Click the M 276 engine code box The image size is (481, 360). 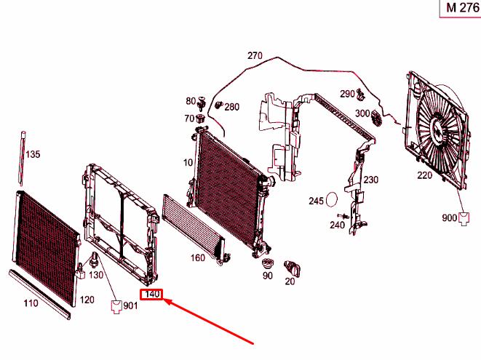click(459, 9)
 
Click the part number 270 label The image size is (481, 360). click(254, 56)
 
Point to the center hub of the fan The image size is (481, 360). click(439, 131)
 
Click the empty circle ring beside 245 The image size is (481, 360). click(333, 199)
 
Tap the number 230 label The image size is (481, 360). click(371, 180)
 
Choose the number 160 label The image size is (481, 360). click(197, 257)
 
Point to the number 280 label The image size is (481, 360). click(231, 107)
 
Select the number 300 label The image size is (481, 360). click(362, 113)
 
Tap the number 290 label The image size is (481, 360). click(347, 94)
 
